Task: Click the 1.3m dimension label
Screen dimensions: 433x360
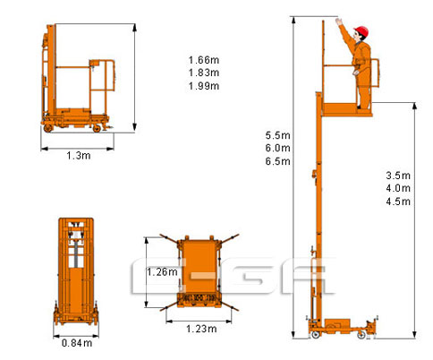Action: coord(79,156)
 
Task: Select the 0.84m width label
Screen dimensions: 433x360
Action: coord(77,343)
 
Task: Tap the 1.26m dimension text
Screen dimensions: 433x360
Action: coord(162,271)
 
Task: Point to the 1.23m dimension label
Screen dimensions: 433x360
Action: coord(201,329)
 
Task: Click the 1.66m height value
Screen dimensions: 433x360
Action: coord(204,60)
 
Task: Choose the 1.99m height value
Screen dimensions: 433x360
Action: coord(204,86)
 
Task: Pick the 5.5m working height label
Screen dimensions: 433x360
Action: coord(277,135)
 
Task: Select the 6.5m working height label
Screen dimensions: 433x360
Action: coord(277,161)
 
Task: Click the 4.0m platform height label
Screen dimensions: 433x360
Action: coord(398,188)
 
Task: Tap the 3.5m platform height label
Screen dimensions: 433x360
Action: coord(398,176)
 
